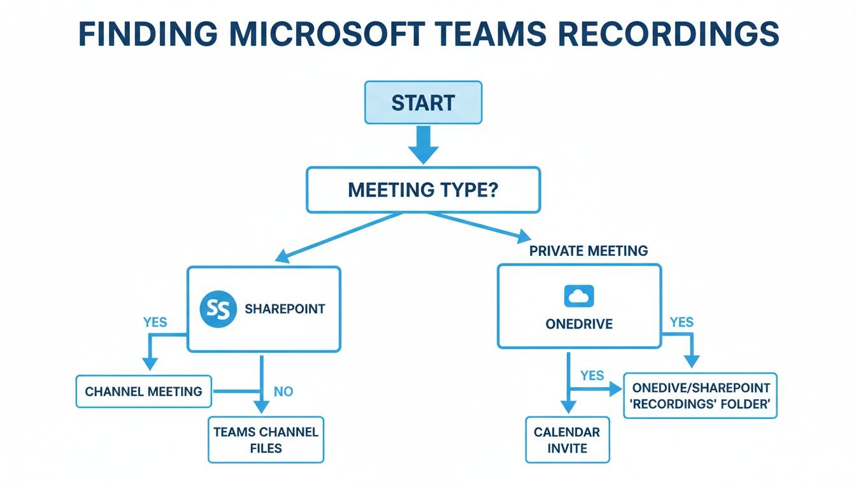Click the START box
(423, 103)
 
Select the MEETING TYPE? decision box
(423, 190)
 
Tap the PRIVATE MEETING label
(588, 251)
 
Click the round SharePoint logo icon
(218, 309)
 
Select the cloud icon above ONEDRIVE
(578, 296)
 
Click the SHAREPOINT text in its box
(285, 309)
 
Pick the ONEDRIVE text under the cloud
(578, 324)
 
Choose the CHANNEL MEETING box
(143, 391)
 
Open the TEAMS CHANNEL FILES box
(266, 439)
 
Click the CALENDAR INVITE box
(567, 439)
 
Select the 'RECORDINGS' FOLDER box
(700, 395)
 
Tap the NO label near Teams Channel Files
(283, 392)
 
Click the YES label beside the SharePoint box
(155, 322)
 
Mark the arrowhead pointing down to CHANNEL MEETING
(150, 364)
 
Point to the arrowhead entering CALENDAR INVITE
(567, 407)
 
